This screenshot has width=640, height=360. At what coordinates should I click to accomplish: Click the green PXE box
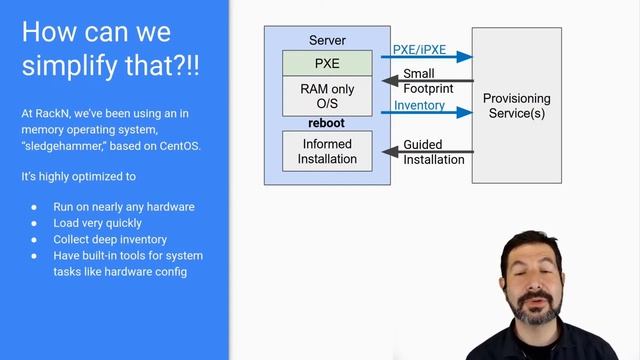tap(327, 63)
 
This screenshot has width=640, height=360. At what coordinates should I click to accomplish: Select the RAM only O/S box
tap(327, 96)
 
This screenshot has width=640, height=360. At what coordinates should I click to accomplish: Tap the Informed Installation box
tap(327, 150)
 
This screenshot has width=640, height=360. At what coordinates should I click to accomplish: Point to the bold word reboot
tap(326, 123)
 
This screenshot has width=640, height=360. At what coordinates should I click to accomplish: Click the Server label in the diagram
tap(327, 41)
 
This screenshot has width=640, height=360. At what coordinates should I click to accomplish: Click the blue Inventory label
tap(419, 105)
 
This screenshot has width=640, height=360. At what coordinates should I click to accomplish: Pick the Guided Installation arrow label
tap(433, 152)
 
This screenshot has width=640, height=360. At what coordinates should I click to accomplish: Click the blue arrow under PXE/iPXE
tap(426, 57)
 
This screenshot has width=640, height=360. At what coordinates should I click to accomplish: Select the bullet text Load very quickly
tap(98, 223)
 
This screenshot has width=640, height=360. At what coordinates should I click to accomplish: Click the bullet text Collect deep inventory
tap(110, 239)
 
